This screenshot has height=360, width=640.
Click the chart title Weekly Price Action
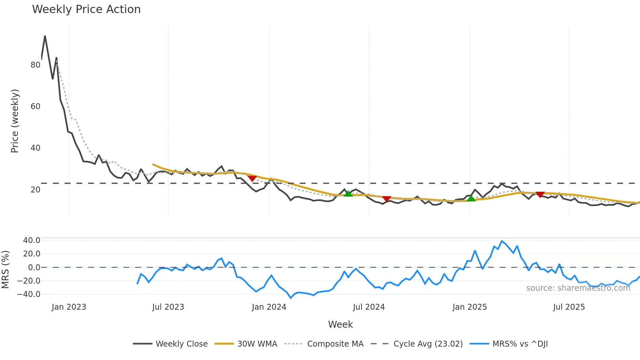click(86, 9)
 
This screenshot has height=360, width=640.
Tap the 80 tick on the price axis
click(35, 65)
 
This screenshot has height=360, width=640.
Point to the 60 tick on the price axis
click(35, 106)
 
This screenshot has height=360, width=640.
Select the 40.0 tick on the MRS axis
click(32, 240)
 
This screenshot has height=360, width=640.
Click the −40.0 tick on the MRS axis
click(29, 294)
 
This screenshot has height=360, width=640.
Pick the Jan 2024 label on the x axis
click(269, 307)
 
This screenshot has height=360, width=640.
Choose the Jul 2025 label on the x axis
click(569, 307)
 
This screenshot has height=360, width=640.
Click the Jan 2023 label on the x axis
click(69, 307)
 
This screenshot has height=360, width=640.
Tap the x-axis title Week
click(340, 324)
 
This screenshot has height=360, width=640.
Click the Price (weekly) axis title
click(15, 121)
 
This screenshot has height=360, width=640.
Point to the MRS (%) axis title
click(6, 270)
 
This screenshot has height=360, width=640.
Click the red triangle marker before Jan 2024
click(252, 178)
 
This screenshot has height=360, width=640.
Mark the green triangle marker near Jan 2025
click(471, 198)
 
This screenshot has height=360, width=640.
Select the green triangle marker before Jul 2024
click(348, 193)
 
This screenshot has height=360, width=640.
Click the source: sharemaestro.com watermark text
click(578, 288)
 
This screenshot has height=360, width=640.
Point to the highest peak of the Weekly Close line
click(45, 36)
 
